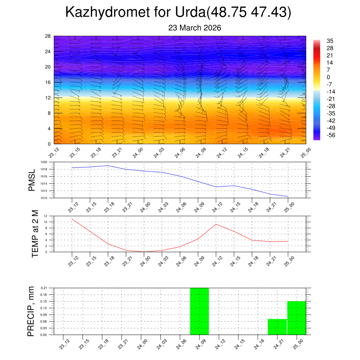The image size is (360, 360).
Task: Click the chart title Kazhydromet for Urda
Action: pyautogui.click(x=178, y=13)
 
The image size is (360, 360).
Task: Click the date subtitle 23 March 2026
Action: pyautogui.click(x=194, y=28)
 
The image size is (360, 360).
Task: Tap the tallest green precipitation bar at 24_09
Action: pyautogui.click(x=199, y=311)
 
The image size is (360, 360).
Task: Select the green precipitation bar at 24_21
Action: pyautogui.click(x=277, y=327)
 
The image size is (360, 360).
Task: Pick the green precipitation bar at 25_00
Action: pyautogui.click(x=296, y=318)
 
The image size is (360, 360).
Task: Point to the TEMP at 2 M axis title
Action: pyautogui.click(x=35, y=234)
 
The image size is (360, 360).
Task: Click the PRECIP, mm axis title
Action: pyautogui.click(x=31, y=311)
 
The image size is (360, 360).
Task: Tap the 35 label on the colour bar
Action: pyautogui.click(x=330, y=41)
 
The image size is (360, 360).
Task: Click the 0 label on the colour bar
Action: pyautogui.click(x=328, y=77)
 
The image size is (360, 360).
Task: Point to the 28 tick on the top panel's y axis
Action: pyautogui.click(x=48, y=36)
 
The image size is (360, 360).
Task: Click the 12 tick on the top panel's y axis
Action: pyautogui.click(x=48, y=98)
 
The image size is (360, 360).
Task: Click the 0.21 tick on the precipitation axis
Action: pyautogui.click(x=44, y=288)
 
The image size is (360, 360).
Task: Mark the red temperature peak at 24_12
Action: pyautogui.click(x=216, y=224)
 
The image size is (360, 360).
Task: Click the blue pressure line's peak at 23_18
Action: pyautogui.click(x=108, y=166)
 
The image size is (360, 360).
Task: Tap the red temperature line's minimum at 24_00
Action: pyautogui.click(x=144, y=252)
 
